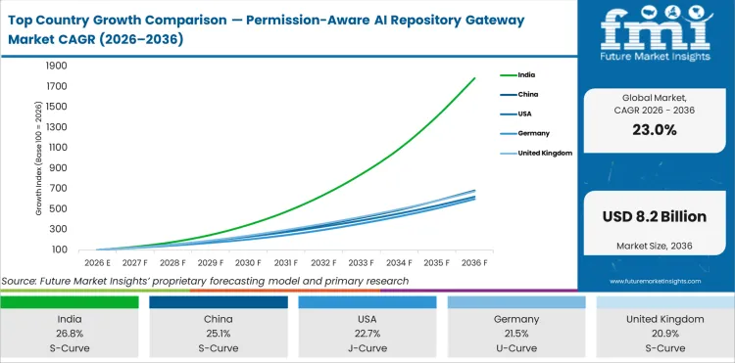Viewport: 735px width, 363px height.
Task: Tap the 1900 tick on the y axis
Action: click(55, 66)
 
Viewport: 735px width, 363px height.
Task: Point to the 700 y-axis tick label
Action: click(58, 189)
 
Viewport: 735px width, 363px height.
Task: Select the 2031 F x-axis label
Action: click(286, 262)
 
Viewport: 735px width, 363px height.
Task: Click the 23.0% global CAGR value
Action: click(655, 130)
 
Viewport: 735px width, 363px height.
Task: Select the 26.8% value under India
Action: click(69, 334)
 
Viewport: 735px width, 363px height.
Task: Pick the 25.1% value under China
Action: click(218, 334)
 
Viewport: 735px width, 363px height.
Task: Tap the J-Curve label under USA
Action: click(367, 348)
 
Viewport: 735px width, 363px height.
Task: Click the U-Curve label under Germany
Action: click(515, 348)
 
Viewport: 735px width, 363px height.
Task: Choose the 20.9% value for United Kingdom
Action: click(664, 334)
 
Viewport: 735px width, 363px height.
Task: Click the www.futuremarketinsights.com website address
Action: click(655, 281)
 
